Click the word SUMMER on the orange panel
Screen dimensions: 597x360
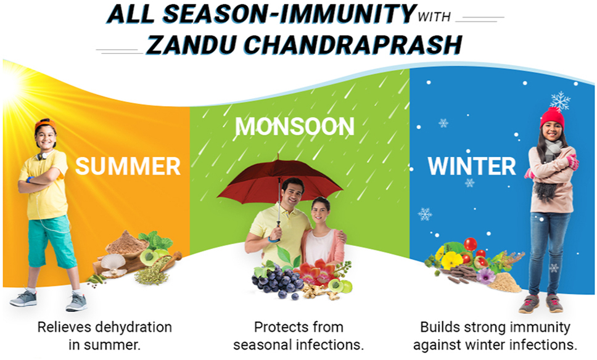click(x=128, y=166)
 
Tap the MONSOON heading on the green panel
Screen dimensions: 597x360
click(x=295, y=126)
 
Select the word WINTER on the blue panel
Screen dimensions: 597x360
click(x=472, y=166)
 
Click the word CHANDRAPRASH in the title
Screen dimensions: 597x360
click(x=353, y=45)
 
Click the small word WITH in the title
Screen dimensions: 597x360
click(x=434, y=17)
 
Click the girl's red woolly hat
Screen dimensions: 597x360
click(x=552, y=118)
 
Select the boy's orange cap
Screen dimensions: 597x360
click(x=45, y=125)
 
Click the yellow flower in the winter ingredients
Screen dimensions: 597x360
click(x=452, y=260)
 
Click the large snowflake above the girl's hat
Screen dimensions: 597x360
click(x=560, y=100)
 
